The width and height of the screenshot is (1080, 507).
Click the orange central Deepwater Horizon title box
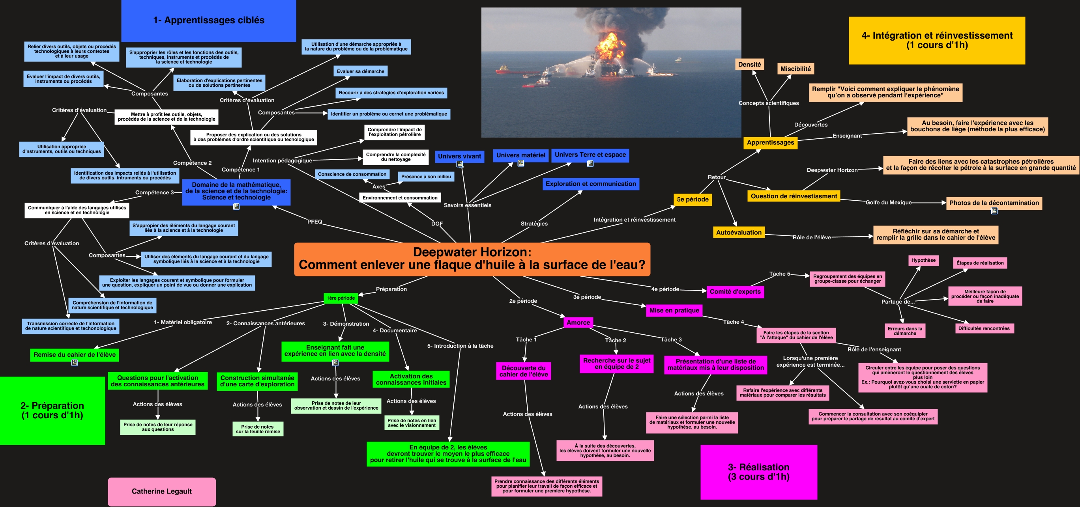pyautogui.click(x=472, y=259)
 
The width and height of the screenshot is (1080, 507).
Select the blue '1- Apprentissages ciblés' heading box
pyautogui.click(x=208, y=21)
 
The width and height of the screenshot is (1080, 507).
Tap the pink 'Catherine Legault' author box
pyautogui.click(x=162, y=491)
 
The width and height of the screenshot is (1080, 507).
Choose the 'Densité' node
pyautogui.click(x=749, y=65)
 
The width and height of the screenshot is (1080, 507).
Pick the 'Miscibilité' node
pyautogui.click(x=795, y=69)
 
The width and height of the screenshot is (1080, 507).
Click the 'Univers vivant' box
pyautogui.click(x=459, y=156)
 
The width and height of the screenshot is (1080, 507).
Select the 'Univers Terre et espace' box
pyautogui.click(x=590, y=155)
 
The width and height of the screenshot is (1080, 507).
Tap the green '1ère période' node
pyautogui.click(x=341, y=298)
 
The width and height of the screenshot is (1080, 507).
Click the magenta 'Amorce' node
pyautogui.click(x=578, y=322)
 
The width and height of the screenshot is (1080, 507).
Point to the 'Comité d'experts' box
pyautogui.click(x=735, y=292)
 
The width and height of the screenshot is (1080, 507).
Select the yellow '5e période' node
pyautogui.click(x=693, y=199)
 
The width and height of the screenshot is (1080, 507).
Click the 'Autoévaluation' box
pyautogui.click(x=739, y=233)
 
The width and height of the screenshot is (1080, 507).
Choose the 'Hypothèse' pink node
pyautogui.click(x=923, y=260)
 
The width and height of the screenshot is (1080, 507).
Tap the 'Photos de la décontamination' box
pyautogui.click(x=994, y=203)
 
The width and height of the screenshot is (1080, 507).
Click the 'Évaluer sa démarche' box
pyautogui.click(x=361, y=71)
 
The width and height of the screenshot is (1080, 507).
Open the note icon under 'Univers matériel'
pyautogui.click(x=521, y=163)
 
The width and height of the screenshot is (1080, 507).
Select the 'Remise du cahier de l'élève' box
pyautogui.click(x=75, y=354)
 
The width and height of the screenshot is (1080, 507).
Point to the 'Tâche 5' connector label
pyautogui.click(x=779, y=274)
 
